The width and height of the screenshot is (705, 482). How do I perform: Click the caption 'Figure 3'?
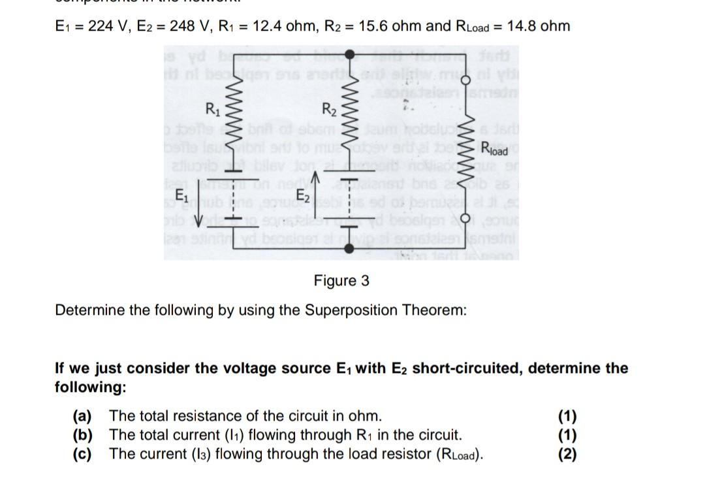point(341,281)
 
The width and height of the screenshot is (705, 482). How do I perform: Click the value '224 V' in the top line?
point(119,26)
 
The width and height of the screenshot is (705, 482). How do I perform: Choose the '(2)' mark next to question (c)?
point(567,454)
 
